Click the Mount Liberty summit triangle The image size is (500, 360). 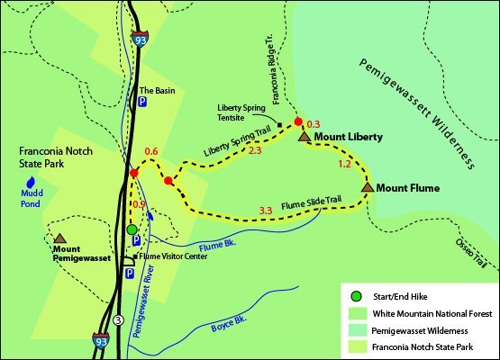pos(305,136)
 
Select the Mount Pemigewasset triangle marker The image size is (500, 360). pos(60,238)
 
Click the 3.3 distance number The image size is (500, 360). pos(266,211)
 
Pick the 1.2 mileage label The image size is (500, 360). pos(343,165)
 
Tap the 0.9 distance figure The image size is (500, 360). pos(139,205)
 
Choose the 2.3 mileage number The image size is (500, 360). pos(254,151)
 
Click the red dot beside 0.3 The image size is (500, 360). pos(298,121)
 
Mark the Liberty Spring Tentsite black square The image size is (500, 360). pos(280,124)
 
